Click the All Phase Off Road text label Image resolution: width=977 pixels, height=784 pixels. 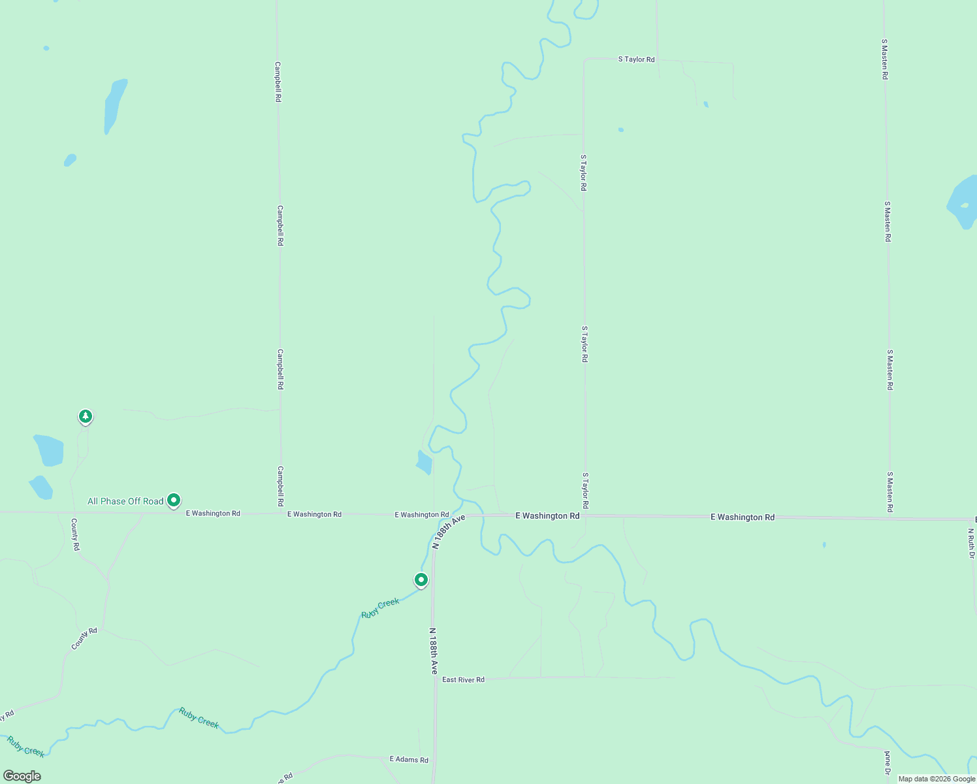(x=125, y=501)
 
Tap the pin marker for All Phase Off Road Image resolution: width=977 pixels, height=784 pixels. (x=174, y=500)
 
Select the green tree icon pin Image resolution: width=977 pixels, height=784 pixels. (x=85, y=416)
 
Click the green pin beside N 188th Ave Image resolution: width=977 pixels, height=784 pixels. (x=421, y=580)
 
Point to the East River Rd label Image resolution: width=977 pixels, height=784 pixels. (x=463, y=679)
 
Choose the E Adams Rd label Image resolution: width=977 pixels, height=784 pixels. (x=409, y=759)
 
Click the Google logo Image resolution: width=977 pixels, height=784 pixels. (x=22, y=776)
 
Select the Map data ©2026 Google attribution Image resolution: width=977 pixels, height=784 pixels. (x=937, y=779)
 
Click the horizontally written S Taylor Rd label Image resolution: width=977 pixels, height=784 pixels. (x=636, y=59)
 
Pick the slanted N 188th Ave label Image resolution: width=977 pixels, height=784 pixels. (x=449, y=531)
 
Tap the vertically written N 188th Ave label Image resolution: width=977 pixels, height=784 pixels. (x=433, y=651)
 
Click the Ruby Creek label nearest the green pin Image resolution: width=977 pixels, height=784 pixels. (x=380, y=608)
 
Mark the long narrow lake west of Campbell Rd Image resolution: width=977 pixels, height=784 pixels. (x=114, y=106)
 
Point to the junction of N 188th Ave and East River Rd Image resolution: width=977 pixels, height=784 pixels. (x=435, y=679)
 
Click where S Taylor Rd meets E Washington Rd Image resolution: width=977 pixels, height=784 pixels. (x=585, y=515)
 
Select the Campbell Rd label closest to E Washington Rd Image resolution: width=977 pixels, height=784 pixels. (x=281, y=486)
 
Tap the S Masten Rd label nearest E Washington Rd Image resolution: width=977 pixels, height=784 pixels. (x=889, y=491)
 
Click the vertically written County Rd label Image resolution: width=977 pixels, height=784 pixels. (x=75, y=534)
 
